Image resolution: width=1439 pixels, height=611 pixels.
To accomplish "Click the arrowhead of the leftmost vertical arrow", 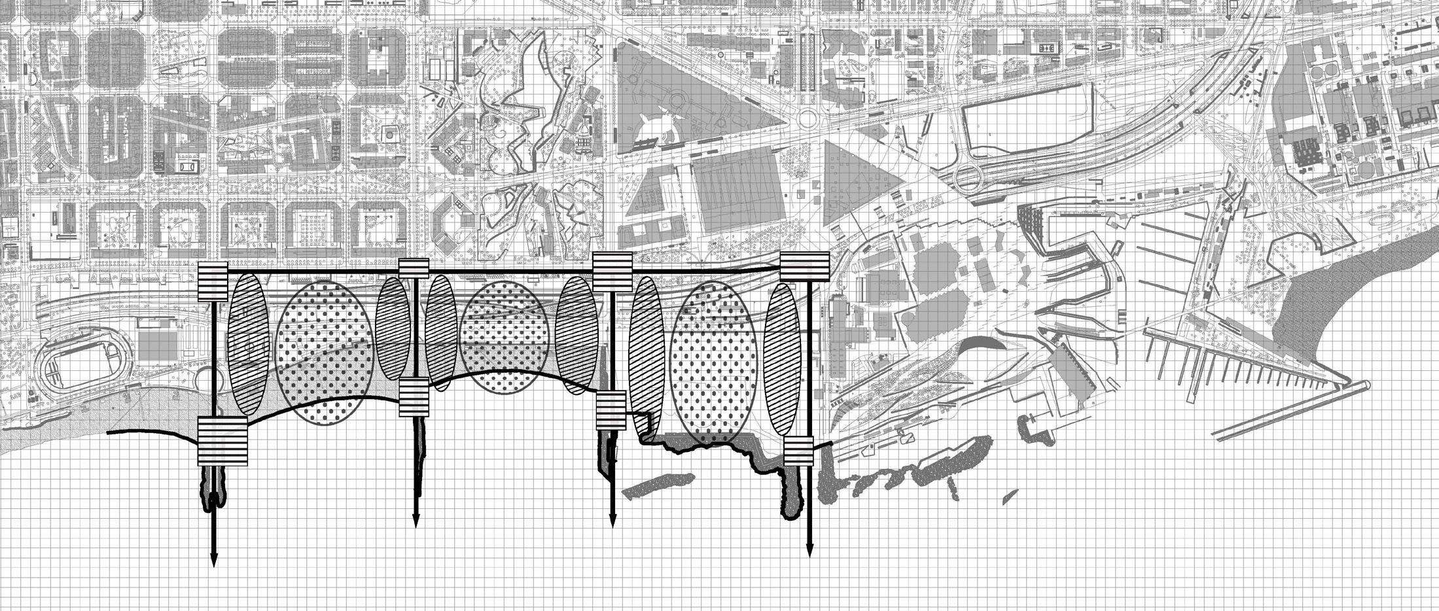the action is pos(213,560).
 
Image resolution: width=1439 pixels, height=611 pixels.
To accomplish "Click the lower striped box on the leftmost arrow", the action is pos(222,442).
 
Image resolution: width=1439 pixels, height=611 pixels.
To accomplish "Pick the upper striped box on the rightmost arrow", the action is pos(805,266).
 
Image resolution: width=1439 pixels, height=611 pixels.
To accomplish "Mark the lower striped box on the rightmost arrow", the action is pos(798,451).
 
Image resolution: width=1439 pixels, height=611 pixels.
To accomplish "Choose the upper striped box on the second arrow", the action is pos(414,268).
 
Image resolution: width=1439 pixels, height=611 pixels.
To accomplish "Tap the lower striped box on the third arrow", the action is pos(611,410).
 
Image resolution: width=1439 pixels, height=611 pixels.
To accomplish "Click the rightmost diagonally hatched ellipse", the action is pos(783,358).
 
